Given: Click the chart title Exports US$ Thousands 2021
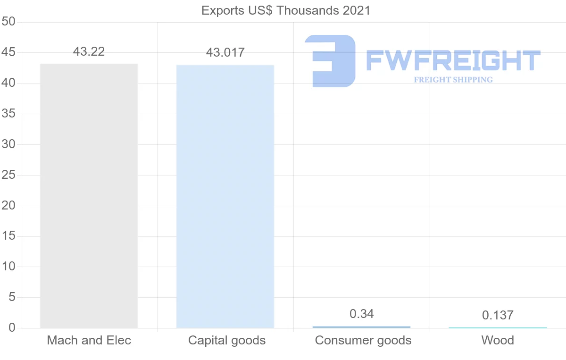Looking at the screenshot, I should (x=286, y=10).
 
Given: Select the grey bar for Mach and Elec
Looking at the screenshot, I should (x=89, y=195).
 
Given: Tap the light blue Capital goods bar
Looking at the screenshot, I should (x=225, y=196).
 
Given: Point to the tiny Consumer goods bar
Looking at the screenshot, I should (x=361, y=327).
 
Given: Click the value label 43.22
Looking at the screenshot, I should (x=89, y=51).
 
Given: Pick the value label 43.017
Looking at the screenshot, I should (x=225, y=52).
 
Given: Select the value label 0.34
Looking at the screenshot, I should (x=361, y=314).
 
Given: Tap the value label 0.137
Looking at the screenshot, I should (x=498, y=315).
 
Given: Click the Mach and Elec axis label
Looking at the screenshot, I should (x=89, y=340).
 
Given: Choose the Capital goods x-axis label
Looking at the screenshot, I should (x=227, y=340).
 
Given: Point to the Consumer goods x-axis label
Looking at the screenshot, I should (x=363, y=340).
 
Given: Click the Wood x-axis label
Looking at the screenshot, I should (x=498, y=340).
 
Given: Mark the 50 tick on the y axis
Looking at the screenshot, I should (x=8, y=22).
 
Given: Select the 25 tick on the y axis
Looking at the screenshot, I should (x=8, y=175).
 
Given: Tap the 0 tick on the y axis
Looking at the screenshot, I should (x=12, y=328).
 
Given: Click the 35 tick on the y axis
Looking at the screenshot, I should (x=8, y=114).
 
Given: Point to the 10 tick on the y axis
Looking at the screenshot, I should (x=8, y=267).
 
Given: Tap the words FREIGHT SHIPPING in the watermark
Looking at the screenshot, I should (x=453, y=80).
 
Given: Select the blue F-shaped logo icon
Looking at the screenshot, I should (x=330, y=61).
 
